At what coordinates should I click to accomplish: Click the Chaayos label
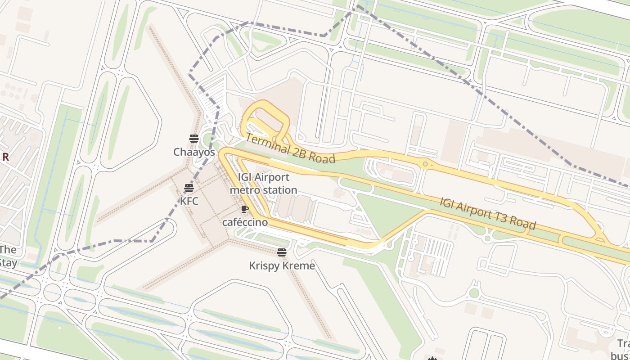[x=194, y=152]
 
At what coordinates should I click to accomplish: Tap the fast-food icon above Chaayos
[x=194, y=139]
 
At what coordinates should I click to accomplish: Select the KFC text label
[x=189, y=201]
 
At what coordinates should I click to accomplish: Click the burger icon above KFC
[x=189, y=188]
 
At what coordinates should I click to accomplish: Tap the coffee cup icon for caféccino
[x=244, y=209]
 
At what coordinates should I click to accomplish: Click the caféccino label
[x=245, y=222]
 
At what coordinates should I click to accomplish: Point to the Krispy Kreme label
[x=282, y=266]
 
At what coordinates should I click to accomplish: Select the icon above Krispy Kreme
[x=282, y=252]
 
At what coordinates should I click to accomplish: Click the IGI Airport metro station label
[x=263, y=184]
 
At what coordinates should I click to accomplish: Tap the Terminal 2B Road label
[x=291, y=149]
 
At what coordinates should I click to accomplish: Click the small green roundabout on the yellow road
[x=425, y=164]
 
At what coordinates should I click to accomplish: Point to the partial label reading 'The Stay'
[x=8, y=256]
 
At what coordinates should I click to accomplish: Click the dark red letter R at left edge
[x=5, y=157]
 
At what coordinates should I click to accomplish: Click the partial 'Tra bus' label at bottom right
[x=623, y=350]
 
